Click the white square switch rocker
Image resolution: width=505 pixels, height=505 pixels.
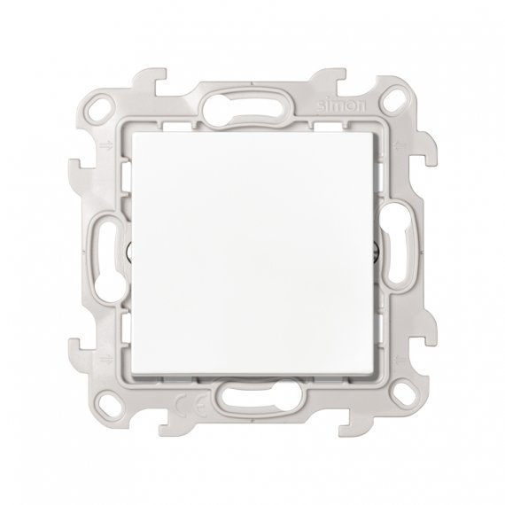(x=252, y=252)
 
